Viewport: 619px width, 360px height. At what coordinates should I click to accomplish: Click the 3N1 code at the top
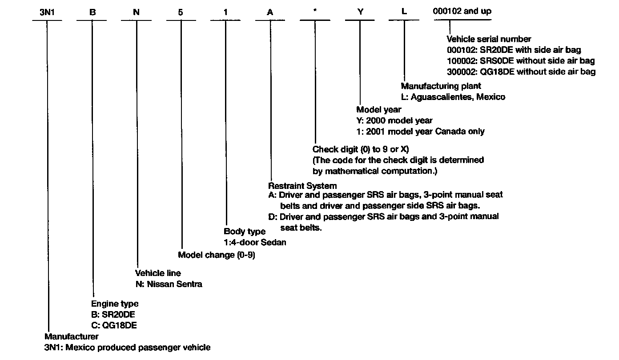coord(47,12)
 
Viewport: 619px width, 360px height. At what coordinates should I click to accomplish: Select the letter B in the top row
coord(92,12)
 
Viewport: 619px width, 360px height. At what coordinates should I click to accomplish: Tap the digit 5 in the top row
coord(181,12)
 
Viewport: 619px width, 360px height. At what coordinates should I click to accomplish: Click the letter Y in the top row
coord(360,12)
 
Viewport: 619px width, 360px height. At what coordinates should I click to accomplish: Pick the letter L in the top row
coord(404,12)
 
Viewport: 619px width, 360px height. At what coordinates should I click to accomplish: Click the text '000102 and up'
coord(462,12)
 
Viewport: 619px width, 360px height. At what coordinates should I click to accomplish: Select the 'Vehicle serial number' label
coord(489,39)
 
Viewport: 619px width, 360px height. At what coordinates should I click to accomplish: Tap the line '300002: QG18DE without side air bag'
coord(521,72)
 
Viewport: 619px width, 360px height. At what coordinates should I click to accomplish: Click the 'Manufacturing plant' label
coord(441,86)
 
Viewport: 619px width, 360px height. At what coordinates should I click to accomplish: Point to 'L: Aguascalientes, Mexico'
coord(453,97)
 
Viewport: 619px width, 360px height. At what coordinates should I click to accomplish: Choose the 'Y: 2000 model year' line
coord(394,120)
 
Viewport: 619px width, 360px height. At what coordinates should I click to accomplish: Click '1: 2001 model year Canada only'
coord(421,132)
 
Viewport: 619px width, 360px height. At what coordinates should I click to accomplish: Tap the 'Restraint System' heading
coord(302,185)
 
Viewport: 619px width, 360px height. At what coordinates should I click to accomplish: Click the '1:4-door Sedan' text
coord(255,242)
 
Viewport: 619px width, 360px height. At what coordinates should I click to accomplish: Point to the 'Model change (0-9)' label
coord(217,255)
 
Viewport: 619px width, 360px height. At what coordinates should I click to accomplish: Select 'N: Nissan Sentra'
coord(169,284)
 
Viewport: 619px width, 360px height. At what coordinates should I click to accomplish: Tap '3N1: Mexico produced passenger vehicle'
coord(127,348)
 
